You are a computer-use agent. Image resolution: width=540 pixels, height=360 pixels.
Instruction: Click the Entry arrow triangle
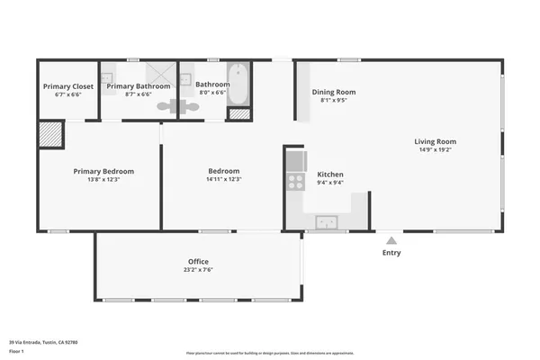tap(391, 240)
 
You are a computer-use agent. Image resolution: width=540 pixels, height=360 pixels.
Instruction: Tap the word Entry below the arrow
tap(391, 253)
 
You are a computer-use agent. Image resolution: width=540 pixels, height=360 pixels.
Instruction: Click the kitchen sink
tap(325, 221)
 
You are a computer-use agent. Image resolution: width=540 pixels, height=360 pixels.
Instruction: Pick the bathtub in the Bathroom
tap(238, 84)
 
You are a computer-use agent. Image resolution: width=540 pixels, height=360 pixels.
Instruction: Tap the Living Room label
tap(436, 141)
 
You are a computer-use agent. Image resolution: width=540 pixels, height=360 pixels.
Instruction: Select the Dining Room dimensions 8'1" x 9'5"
tap(333, 101)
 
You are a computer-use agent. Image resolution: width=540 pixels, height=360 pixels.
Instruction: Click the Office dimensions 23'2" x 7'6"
tap(198, 270)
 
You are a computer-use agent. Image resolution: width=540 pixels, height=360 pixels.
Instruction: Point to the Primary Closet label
tap(68, 86)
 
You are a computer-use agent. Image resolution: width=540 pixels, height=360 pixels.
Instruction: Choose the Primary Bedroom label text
tap(103, 171)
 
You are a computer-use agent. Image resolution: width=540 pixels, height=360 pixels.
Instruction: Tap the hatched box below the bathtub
tap(238, 114)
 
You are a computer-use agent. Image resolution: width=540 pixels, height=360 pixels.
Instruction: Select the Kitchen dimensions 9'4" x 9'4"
tap(329, 183)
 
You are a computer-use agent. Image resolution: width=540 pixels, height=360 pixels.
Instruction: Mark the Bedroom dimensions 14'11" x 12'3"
tap(223, 179)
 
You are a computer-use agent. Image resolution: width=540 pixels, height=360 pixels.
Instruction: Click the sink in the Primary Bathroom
tap(106, 77)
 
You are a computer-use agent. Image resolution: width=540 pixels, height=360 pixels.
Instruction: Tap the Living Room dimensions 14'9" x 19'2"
tap(436, 150)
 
